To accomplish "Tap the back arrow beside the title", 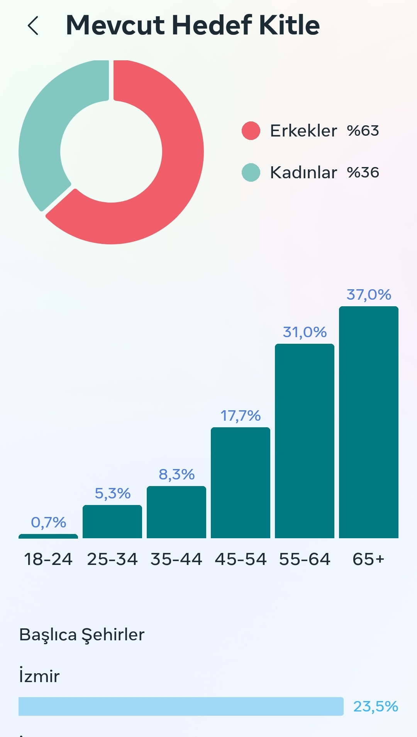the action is (x=33, y=26).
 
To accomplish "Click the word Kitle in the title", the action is (x=289, y=25).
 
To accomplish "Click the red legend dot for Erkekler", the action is (x=251, y=131).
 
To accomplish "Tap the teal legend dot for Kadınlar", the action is (x=251, y=172).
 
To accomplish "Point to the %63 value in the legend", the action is (x=363, y=131).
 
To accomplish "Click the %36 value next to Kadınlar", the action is (x=363, y=172).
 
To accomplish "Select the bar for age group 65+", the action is (x=369, y=422).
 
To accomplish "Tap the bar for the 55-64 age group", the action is (x=305, y=441).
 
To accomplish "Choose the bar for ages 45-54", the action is (x=241, y=483).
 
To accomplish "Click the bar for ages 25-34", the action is (x=112, y=522).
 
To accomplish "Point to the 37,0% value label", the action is (x=369, y=295).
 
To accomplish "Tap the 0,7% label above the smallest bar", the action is (x=48, y=522).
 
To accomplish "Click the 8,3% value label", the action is (x=176, y=474).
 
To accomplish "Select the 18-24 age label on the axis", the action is (x=48, y=559).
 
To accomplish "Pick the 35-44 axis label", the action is (x=176, y=559).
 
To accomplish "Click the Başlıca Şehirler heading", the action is (x=82, y=635).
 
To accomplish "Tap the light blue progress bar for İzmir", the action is (x=181, y=706).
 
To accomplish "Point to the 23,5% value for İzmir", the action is (x=376, y=706).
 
